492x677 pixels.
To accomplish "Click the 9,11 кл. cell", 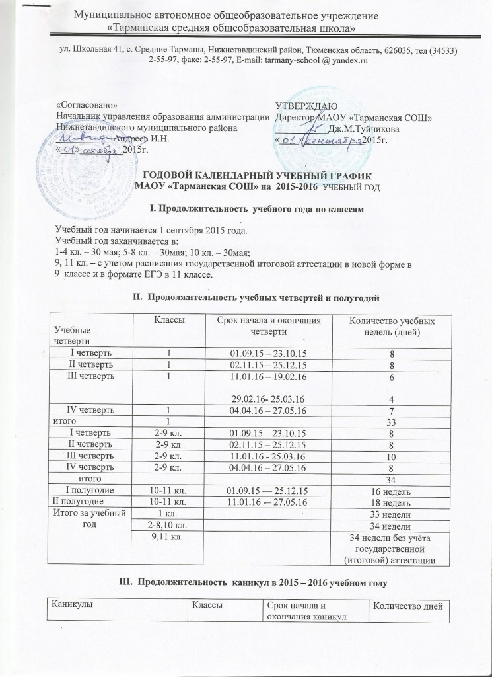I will tap(168, 538).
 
